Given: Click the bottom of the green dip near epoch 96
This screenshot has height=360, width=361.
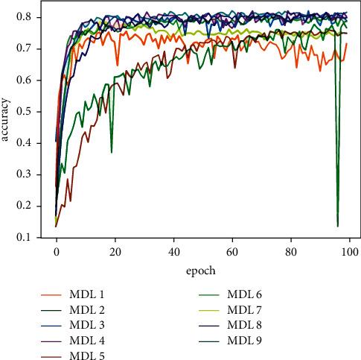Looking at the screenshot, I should pos(338,226).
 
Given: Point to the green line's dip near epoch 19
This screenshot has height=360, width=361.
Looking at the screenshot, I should pos(112,152).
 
